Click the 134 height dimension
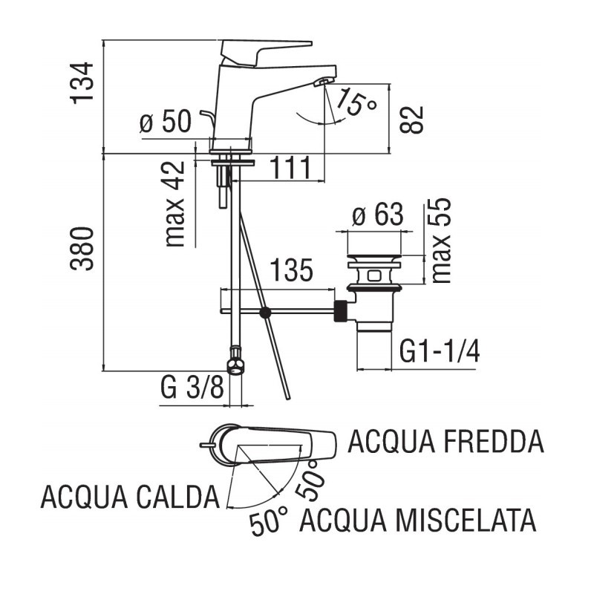[86, 82]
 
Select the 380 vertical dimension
[86, 248]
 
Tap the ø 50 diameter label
[166, 122]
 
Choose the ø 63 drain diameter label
[377, 216]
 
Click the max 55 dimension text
[441, 241]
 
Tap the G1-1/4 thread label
[439, 351]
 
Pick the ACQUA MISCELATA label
[417, 520]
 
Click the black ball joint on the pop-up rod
[265, 313]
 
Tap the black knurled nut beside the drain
[342, 312]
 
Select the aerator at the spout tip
[323, 82]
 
